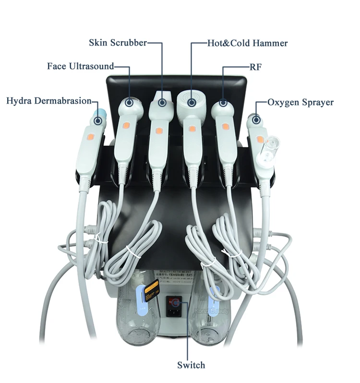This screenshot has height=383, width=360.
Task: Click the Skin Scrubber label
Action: (118, 43)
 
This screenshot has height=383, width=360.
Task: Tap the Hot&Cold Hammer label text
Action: (247, 43)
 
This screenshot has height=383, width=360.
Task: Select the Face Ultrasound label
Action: (81, 66)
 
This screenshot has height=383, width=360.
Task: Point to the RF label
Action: (256, 67)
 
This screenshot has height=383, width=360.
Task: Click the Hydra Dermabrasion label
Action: (48, 101)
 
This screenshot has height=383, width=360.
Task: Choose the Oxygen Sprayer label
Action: (300, 102)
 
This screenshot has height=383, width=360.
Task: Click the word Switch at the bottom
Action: (191, 365)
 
